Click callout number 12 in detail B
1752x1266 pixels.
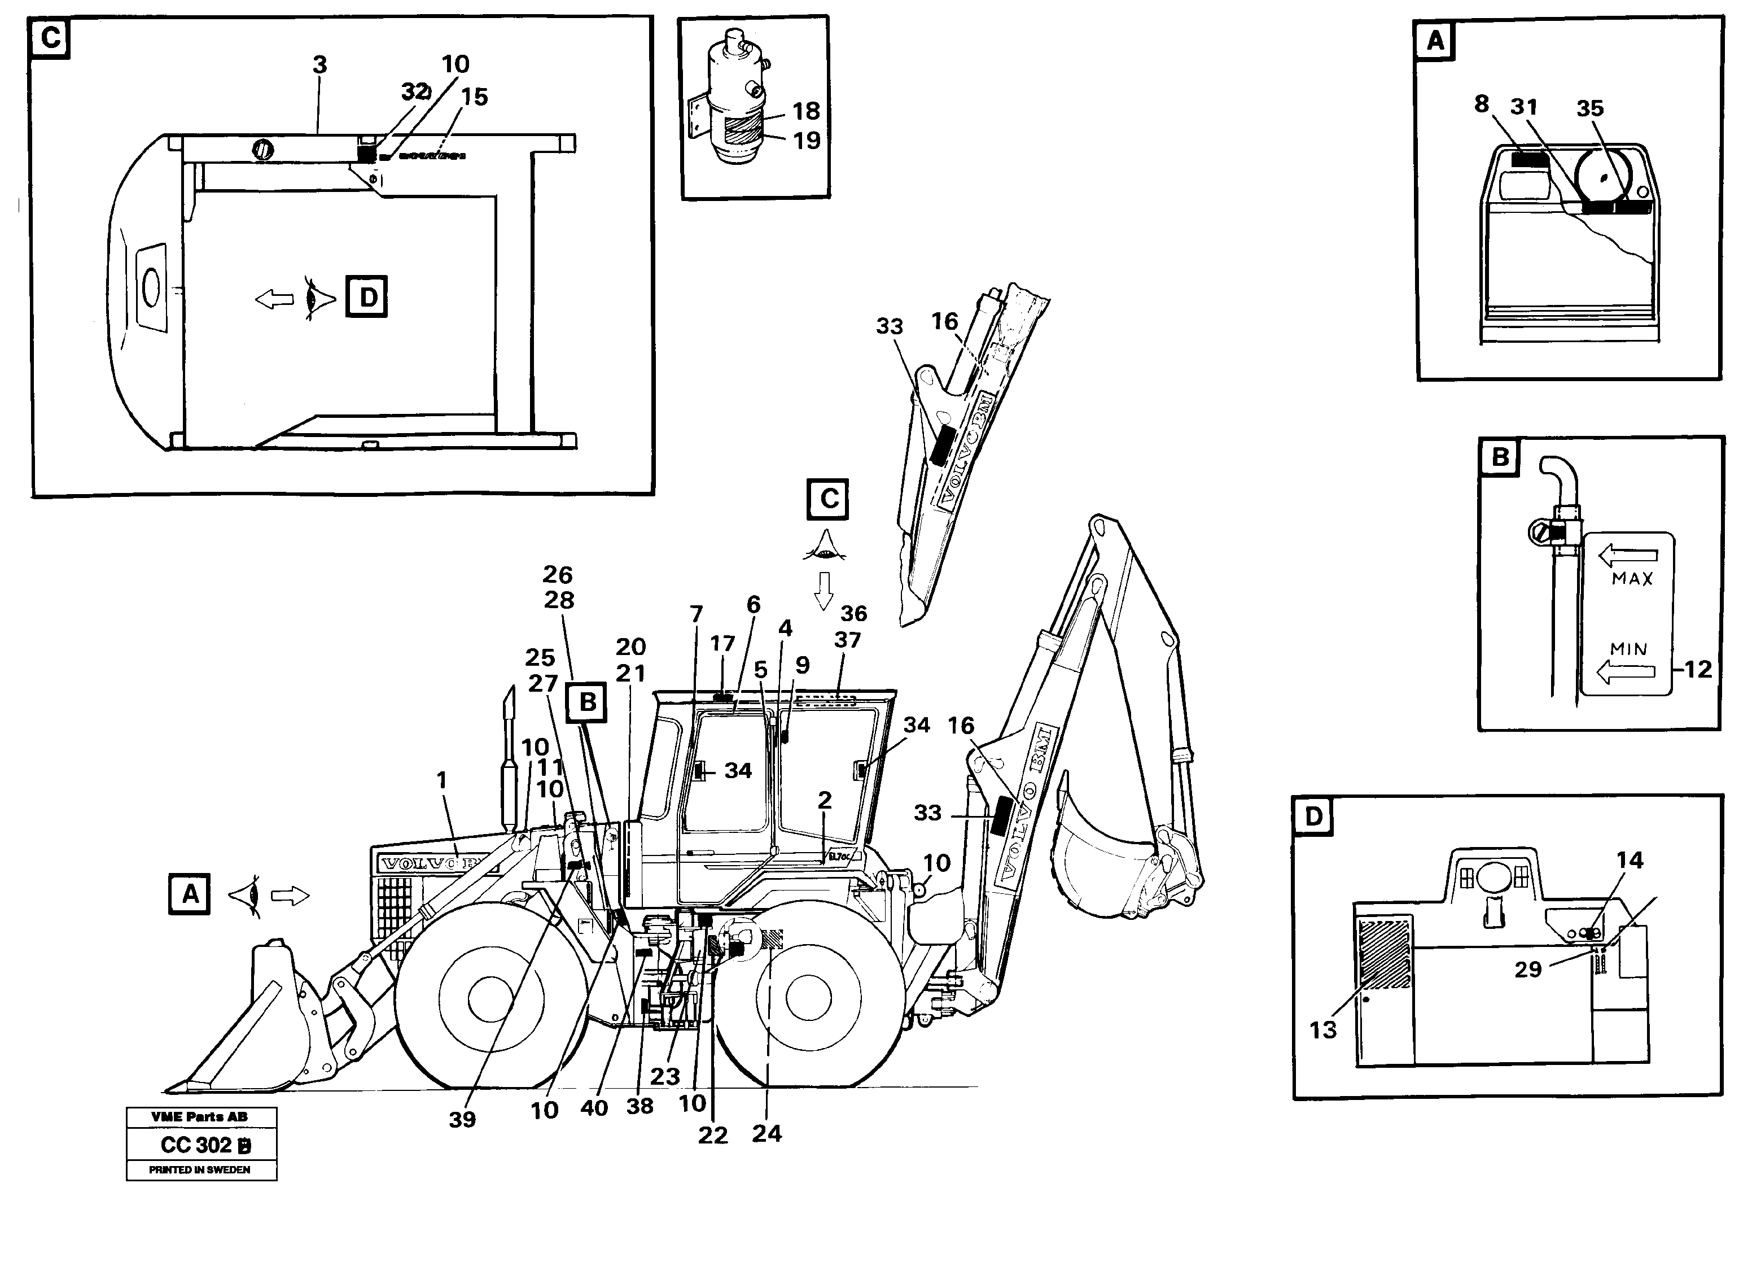coord(1697,669)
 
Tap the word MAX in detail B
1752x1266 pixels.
coord(1631,578)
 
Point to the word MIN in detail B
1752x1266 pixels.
coord(1628,649)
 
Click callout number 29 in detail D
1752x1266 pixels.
coord(1528,969)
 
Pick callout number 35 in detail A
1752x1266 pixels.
coord(1590,109)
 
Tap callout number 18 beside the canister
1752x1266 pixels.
coord(805,111)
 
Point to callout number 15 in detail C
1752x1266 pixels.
coord(474,97)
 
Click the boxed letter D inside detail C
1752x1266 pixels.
coord(366,297)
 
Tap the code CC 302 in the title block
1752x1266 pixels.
coord(196,1145)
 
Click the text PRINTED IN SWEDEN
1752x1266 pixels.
coord(199,1169)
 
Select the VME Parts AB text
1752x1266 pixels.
coord(199,1117)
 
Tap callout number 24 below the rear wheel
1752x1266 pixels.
coord(766,1133)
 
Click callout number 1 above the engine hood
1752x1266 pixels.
coord(442,780)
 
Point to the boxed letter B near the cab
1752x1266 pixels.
coord(587,702)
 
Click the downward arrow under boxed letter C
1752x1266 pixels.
coord(824,591)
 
